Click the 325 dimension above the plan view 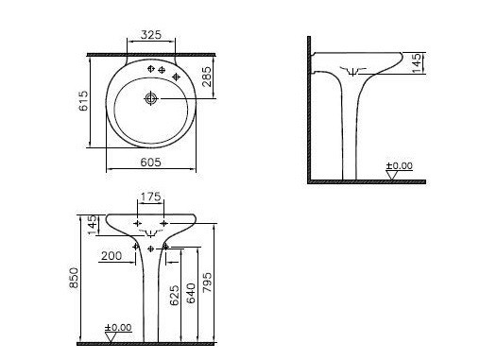[x=151, y=35]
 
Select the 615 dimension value [x=84, y=101]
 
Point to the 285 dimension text [x=206, y=77]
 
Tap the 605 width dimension [x=150, y=163]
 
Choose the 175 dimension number [x=150, y=197]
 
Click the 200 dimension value [x=111, y=255]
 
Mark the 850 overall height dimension [x=74, y=278]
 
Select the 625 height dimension [x=174, y=296]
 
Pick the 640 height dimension [x=191, y=293]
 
